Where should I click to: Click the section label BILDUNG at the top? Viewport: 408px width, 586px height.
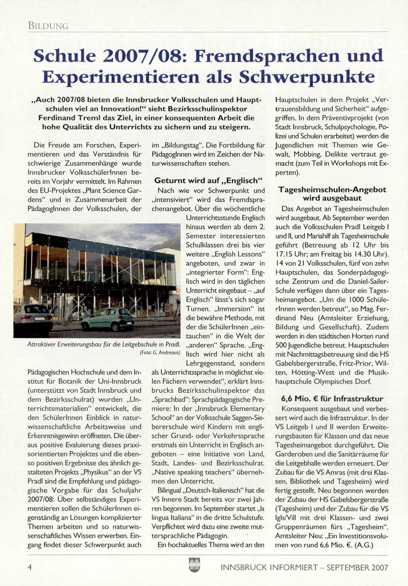pyautogui.click(x=48, y=26)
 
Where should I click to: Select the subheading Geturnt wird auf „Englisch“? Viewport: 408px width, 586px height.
pyautogui.click(x=208, y=181)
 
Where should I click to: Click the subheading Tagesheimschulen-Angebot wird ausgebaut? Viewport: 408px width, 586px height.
pyautogui.click(x=332, y=194)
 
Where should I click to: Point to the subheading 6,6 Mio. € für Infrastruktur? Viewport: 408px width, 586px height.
pyautogui.click(x=332, y=399)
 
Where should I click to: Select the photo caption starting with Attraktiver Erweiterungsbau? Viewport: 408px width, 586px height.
pyautogui.click(x=104, y=344)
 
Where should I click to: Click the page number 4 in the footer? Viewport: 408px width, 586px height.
pyautogui.click(x=30, y=567)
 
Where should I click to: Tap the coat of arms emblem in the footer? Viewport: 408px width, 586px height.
pyautogui.click(x=195, y=565)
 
